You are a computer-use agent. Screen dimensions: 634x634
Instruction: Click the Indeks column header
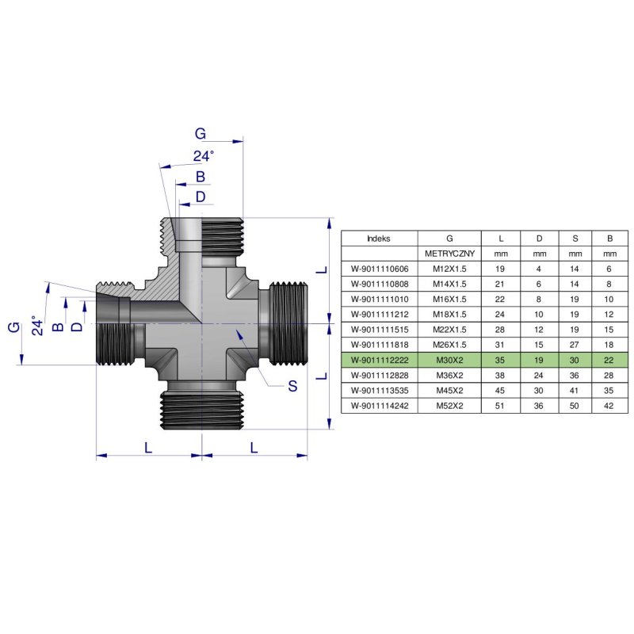coord(379,238)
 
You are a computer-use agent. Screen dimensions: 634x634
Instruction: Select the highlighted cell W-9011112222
coord(379,360)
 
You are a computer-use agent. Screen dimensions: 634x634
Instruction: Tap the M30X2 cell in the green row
coord(449,360)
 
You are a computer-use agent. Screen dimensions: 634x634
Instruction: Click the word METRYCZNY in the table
coord(449,254)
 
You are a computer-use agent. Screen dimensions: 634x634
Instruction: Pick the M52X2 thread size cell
coord(449,405)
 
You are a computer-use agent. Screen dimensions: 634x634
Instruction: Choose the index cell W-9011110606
coord(379,269)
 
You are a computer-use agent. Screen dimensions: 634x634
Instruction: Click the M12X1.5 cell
coord(449,269)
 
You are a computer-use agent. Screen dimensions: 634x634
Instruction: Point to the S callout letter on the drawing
coord(292,387)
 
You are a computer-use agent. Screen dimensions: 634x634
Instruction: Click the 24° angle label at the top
coord(204,156)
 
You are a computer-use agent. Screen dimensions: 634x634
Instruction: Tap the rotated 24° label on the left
coord(34,326)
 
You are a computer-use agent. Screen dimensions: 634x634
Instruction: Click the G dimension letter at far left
coord(13,327)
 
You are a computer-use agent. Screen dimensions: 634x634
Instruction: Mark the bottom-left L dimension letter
coord(148,447)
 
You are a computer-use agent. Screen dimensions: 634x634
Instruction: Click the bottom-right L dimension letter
coord(254,447)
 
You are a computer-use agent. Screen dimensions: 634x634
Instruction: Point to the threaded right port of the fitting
coord(288,323)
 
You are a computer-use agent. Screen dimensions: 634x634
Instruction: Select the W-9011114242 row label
coord(379,405)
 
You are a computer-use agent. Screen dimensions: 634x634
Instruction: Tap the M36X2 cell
coord(449,375)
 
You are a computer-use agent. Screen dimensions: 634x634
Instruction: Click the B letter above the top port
coord(201,176)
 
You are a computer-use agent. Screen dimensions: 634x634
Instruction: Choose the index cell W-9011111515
coord(379,329)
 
